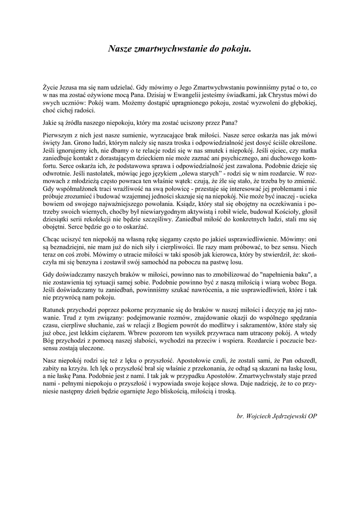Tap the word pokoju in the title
point(237,49)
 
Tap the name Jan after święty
point(66,143)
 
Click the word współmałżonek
point(73,190)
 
